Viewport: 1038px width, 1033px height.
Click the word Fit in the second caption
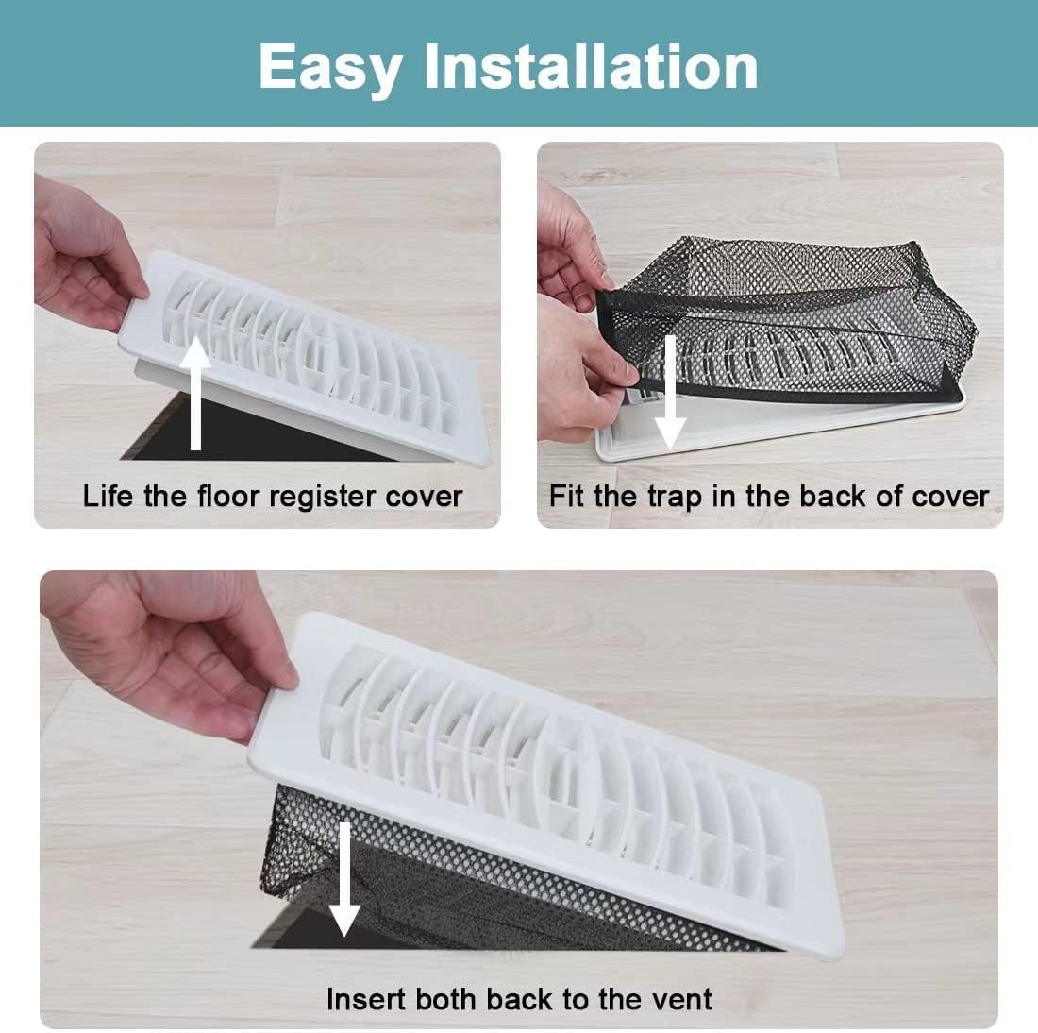coord(565,496)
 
